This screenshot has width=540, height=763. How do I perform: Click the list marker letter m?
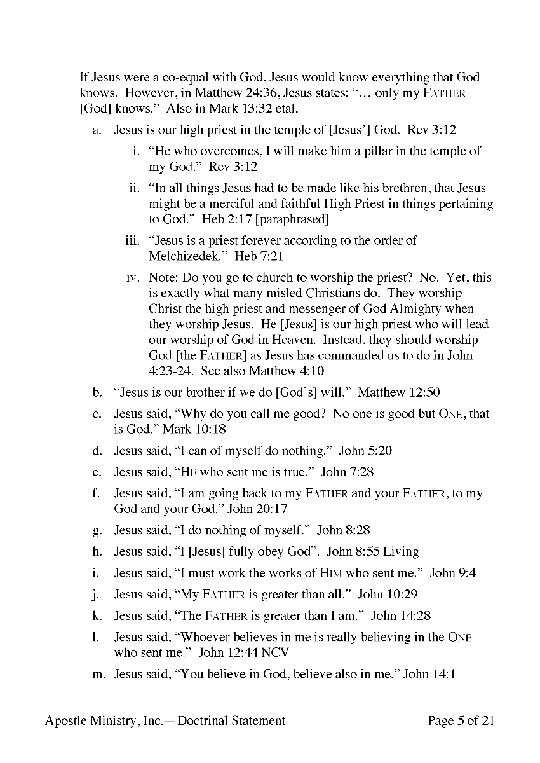coord(98,674)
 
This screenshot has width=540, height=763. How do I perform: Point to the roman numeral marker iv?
coord(132,278)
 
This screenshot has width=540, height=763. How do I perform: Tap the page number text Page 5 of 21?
coord(461,720)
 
